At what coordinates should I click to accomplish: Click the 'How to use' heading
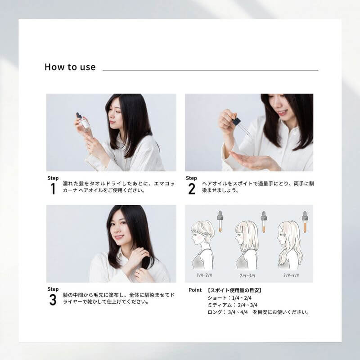click(70, 67)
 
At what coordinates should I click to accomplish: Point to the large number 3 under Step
click(53, 300)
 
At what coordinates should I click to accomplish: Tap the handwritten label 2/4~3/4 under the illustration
click(246, 274)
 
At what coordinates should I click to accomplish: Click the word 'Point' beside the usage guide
click(195, 290)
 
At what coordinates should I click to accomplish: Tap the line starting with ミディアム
click(231, 305)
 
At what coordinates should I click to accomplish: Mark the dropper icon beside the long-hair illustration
click(305, 221)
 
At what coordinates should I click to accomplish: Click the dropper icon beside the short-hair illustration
click(220, 221)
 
